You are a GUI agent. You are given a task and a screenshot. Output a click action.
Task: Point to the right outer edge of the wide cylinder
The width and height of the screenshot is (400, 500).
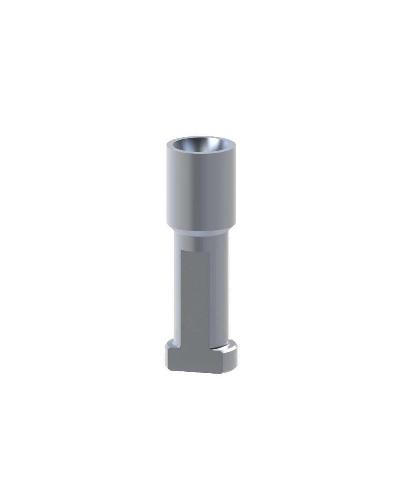point(236,189)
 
